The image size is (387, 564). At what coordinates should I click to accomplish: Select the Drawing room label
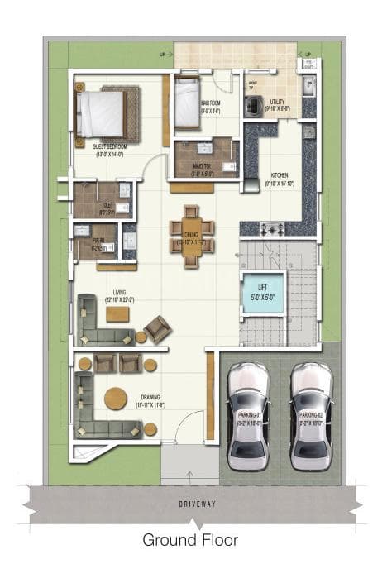point(150,401)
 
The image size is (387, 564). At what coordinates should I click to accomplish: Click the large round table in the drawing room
point(116,399)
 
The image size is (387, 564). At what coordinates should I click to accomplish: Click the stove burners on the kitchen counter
point(275,227)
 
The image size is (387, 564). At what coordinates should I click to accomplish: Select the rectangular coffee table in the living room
point(117,314)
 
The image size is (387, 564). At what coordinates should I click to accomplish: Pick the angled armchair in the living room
point(157,328)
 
